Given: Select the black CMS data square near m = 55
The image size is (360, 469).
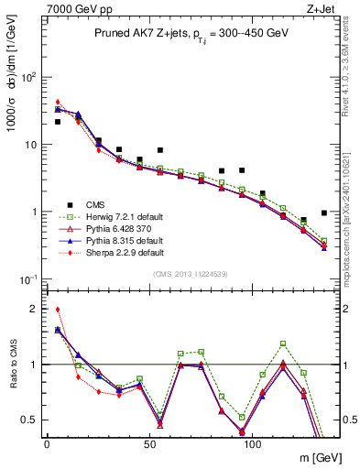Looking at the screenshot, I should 160,150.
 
